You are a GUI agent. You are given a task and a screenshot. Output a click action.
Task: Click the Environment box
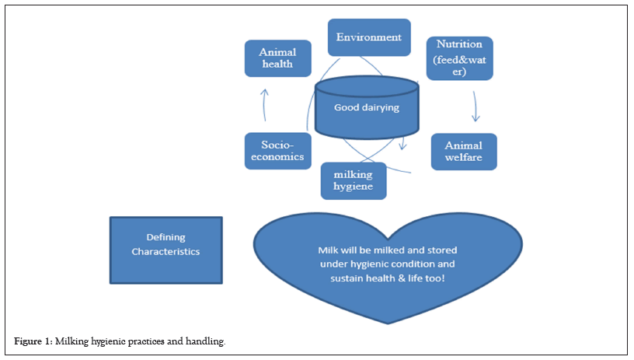point(368,37)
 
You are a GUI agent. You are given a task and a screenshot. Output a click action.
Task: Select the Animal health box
point(277,58)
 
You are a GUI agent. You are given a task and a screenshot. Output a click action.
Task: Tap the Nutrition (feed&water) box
point(459,58)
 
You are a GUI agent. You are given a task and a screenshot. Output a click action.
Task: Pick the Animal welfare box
point(463,152)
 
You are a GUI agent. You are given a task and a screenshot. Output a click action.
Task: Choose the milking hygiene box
point(354,180)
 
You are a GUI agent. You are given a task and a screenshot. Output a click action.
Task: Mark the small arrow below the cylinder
point(402,145)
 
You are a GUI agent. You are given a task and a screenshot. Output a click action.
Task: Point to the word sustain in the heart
point(347,278)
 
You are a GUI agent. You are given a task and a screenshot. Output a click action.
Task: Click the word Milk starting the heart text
point(329,250)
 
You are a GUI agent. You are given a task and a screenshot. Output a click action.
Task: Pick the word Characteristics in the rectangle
point(165,251)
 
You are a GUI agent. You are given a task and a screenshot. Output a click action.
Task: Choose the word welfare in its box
point(463,159)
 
